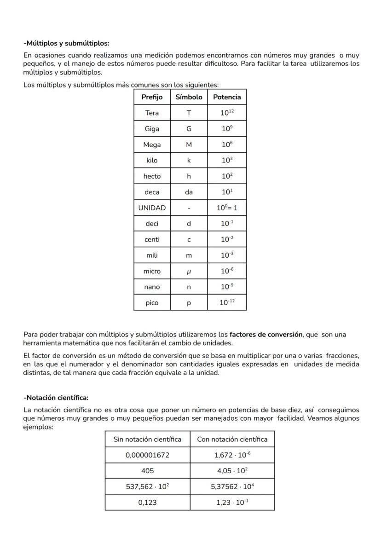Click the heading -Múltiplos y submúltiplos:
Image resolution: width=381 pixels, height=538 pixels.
coord(66,44)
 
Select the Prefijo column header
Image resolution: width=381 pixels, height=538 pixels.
coord(152,97)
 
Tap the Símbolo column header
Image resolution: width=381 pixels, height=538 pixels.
coord(189,97)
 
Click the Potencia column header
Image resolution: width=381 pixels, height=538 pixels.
coord(227,97)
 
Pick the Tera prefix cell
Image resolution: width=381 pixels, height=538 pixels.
coord(152,113)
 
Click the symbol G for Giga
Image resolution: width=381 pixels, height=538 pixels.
coord(189,129)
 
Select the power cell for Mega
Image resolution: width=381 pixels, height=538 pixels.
coord(227,145)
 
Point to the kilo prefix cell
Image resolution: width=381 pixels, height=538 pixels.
coord(152,161)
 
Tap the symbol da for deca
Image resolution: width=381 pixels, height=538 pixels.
coord(189,192)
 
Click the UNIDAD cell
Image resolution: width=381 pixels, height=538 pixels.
coord(152,208)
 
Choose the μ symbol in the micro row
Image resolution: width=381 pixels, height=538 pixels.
coord(189,271)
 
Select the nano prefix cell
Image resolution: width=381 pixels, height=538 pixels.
coord(152,287)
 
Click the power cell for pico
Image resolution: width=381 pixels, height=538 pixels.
coord(227,303)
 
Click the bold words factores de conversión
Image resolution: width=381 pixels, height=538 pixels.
coord(266,335)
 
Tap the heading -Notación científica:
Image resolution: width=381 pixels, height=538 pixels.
coord(56,398)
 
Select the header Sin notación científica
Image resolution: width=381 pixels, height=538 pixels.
coord(147,439)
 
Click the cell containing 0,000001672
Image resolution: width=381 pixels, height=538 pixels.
coord(147,455)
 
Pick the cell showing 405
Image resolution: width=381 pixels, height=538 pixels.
coord(147,471)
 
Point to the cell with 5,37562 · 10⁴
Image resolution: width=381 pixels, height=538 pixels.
coord(232,486)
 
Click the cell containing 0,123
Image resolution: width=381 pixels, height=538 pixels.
coord(147,503)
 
